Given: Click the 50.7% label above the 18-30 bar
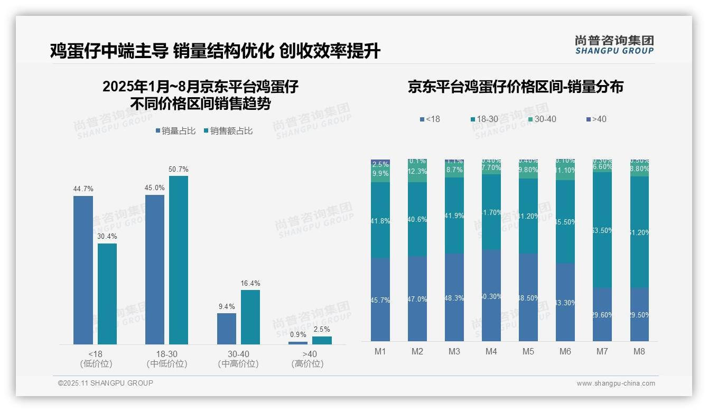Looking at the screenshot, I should pyautogui.click(x=178, y=170).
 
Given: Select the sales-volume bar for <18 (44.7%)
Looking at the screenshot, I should pyautogui.click(x=83, y=270).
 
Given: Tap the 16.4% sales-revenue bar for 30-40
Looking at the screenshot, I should pyautogui.click(x=250, y=317).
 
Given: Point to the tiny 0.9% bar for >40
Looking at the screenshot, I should pyautogui.click(x=297, y=343).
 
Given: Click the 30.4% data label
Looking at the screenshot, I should pyautogui.click(x=107, y=236).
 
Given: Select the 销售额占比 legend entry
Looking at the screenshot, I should pyautogui.click(x=228, y=131).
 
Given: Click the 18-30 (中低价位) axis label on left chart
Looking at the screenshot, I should pyautogui.click(x=166, y=359).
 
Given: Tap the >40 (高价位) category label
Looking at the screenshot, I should pyautogui.click(x=310, y=359).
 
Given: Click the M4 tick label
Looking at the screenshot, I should pyautogui.click(x=491, y=351).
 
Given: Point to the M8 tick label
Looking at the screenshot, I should pyautogui.click(x=639, y=351).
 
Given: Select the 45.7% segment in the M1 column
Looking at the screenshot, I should pyautogui.click(x=380, y=299).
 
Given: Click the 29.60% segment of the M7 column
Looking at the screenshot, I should pyautogui.click(x=602, y=314).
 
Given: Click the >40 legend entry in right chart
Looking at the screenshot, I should pyautogui.click(x=595, y=119).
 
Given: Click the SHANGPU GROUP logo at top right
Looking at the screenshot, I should pyautogui.click(x=614, y=45).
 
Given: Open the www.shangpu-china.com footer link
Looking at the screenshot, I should pyautogui.click(x=616, y=383).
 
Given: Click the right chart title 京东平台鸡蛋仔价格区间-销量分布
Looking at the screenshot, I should pyautogui.click(x=515, y=87).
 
